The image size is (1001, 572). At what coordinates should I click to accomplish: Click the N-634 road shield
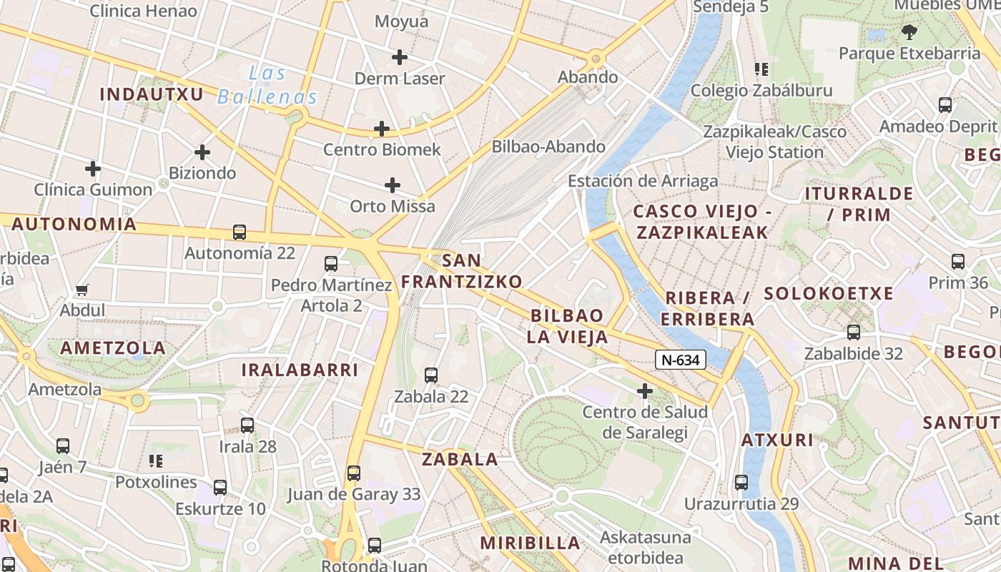click(x=680, y=360)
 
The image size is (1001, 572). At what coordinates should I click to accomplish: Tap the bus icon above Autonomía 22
click(x=240, y=232)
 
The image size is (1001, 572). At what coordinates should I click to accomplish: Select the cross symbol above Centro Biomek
click(x=382, y=129)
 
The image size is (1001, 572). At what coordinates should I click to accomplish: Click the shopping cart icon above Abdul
click(x=82, y=290)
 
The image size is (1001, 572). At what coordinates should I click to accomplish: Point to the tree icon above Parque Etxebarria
click(x=909, y=32)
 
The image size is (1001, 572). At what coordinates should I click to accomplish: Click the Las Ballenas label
click(x=267, y=84)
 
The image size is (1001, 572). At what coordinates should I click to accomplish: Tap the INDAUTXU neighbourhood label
click(x=152, y=94)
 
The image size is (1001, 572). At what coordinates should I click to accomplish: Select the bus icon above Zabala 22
click(x=431, y=375)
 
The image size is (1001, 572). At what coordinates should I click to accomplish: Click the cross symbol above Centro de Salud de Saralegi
click(x=645, y=391)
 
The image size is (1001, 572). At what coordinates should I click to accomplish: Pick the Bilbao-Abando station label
click(x=548, y=147)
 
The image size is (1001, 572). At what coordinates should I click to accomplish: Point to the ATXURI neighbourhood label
click(x=777, y=440)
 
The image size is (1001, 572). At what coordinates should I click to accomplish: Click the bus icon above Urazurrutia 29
click(x=741, y=483)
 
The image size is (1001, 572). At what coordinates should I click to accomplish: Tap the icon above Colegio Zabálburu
click(x=761, y=69)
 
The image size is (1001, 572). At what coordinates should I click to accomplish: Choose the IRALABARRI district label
click(x=300, y=370)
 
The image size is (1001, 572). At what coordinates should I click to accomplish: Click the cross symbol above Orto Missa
click(x=393, y=185)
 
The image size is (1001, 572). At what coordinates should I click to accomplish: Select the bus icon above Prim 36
click(x=958, y=262)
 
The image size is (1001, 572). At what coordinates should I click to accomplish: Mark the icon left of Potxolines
click(x=155, y=461)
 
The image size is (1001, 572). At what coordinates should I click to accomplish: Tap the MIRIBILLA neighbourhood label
click(x=530, y=543)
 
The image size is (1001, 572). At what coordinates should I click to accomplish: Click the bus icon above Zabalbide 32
click(x=854, y=332)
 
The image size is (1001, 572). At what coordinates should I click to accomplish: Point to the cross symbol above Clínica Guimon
click(x=93, y=169)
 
